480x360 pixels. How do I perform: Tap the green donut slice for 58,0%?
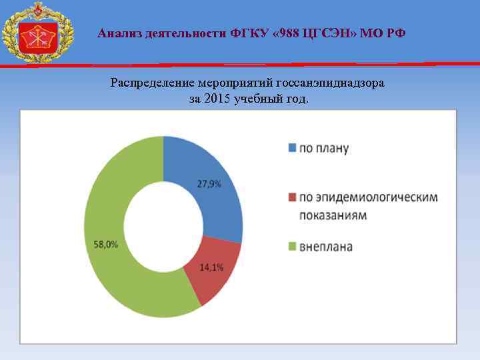(x=113, y=247)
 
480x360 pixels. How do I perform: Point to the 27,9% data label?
(x=209, y=184)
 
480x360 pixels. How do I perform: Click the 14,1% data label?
(x=212, y=268)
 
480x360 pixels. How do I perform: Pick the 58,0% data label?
(x=106, y=244)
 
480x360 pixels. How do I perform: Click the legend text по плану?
(x=323, y=148)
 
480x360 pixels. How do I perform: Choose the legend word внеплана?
(x=326, y=247)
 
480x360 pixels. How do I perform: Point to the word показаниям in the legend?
(x=333, y=216)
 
